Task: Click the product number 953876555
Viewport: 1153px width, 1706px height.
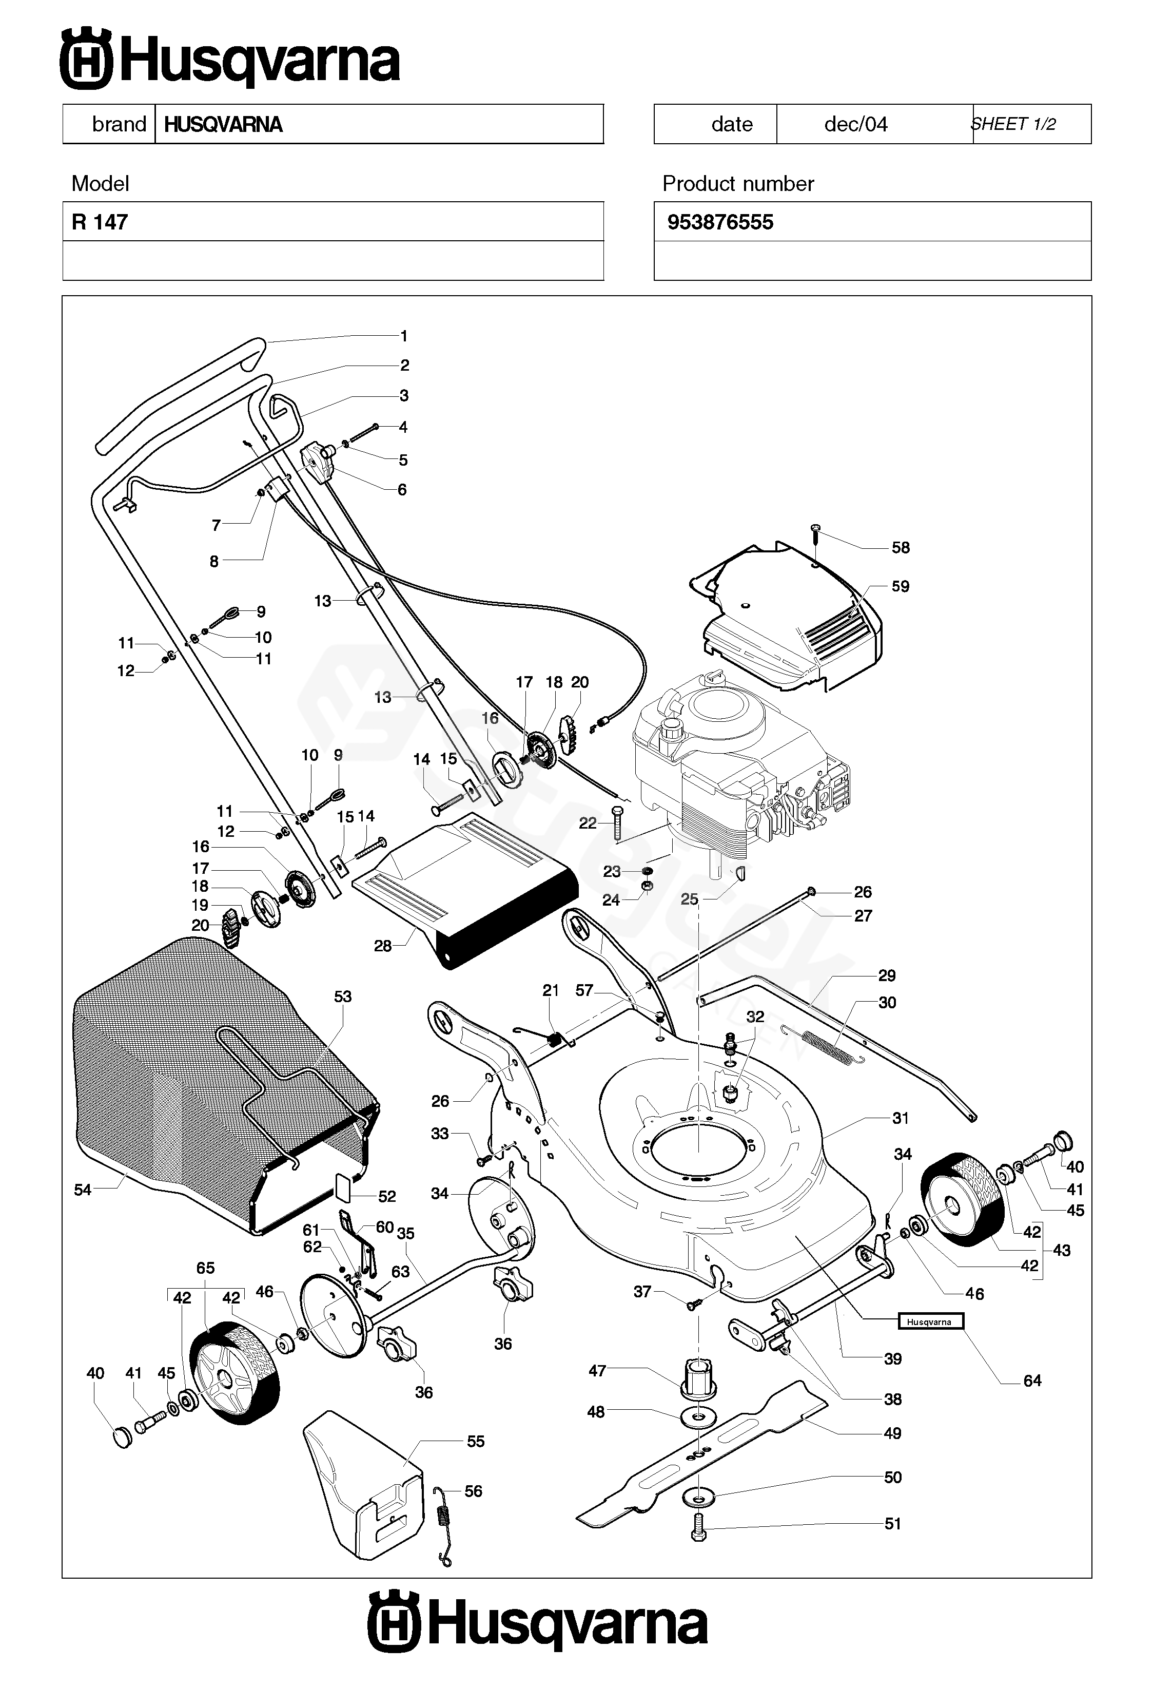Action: [x=719, y=222]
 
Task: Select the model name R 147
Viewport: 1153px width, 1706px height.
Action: [x=100, y=222]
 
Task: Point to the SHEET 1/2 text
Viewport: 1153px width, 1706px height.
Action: [x=1013, y=124]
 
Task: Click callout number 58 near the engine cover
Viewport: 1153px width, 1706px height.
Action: [x=900, y=548]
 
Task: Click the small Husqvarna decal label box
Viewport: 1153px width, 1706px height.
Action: [x=930, y=1322]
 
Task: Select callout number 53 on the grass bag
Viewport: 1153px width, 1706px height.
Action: [x=343, y=996]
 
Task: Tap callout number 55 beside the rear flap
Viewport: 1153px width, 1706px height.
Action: [x=476, y=1441]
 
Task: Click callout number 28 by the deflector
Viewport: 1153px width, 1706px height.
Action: [x=382, y=946]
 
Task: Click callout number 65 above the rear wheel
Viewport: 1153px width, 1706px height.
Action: [x=205, y=1268]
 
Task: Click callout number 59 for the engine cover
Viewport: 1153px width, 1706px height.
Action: [x=900, y=586]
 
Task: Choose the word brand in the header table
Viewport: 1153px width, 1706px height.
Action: [x=119, y=124]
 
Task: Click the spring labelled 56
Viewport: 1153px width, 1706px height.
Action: [x=442, y=1525]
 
